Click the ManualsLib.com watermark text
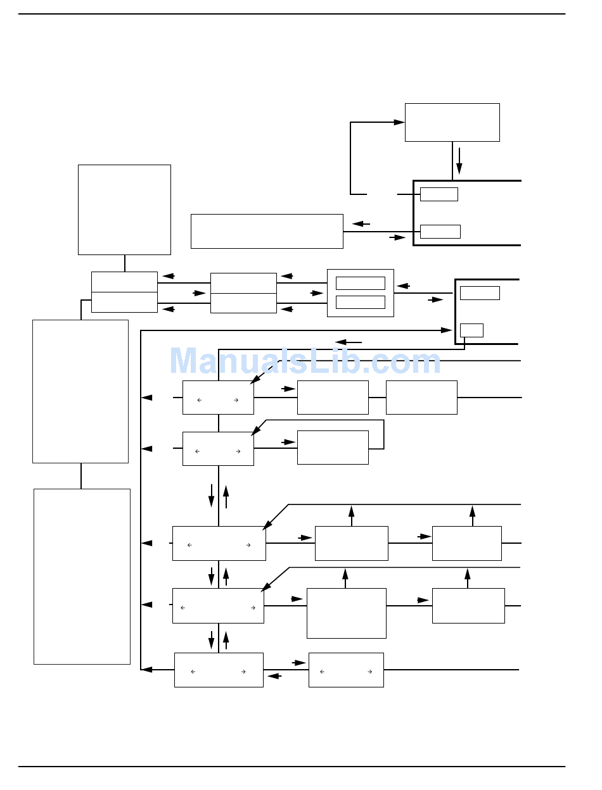[x=305, y=362]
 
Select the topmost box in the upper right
[x=452, y=122]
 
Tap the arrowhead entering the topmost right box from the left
[x=399, y=122]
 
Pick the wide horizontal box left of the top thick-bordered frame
[x=267, y=231]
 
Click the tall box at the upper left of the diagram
[x=124, y=210]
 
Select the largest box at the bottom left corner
[x=82, y=576]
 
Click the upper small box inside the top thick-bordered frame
[x=439, y=194]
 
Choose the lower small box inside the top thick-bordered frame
[x=440, y=231]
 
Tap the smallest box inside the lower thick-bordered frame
[x=471, y=330]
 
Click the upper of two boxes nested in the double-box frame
[x=360, y=283]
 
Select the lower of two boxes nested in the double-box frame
[x=360, y=302]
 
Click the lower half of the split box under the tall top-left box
[x=124, y=302]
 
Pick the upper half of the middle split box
[x=243, y=283]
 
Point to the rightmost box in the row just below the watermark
[x=421, y=398]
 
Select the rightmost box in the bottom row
[x=346, y=670]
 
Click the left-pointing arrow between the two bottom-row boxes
[x=274, y=676]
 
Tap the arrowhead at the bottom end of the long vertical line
[x=146, y=669]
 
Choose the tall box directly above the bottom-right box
[x=346, y=613]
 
